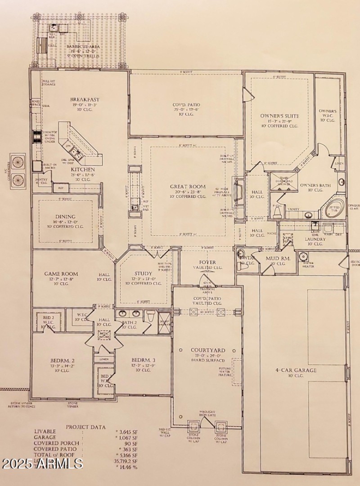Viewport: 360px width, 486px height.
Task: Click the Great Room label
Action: click(x=188, y=187)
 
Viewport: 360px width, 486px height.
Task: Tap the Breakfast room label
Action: click(x=85, y=99)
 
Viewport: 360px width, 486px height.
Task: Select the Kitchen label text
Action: click(x=83, y=169)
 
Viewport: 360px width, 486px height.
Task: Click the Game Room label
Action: click(x=61, y=273)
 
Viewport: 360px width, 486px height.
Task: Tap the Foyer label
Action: click(x=207, y=262)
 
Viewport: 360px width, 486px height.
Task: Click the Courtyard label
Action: click(x=207, y=350)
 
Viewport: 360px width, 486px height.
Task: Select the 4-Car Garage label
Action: click(x=296, y=370)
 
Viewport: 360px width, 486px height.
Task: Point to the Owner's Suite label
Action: click(x=279, y=116)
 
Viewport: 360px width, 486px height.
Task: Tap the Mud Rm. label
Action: click(x=278, y=259)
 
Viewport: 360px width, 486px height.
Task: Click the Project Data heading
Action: click(x=86, y=427)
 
